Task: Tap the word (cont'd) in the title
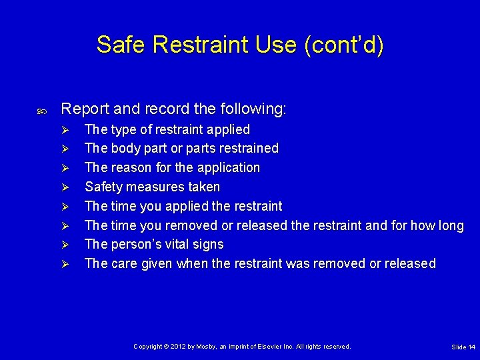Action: click(344, 45)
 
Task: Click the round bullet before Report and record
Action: click(42, 109)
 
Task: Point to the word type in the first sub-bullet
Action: click(124, 129)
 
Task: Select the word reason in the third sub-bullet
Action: click(131, 167)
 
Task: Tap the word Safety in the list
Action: click(104, 187)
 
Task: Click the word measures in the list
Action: click(157, 187)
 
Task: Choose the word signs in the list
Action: click(209, 245)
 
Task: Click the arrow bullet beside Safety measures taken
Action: click(65, 187)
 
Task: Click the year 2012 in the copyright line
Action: click(178, 347)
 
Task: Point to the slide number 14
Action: click(471, 347)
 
